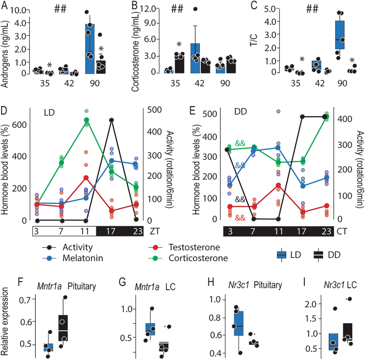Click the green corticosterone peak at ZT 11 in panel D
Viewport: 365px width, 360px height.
tap(86, 120)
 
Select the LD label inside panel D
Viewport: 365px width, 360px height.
tap(50, 113)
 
